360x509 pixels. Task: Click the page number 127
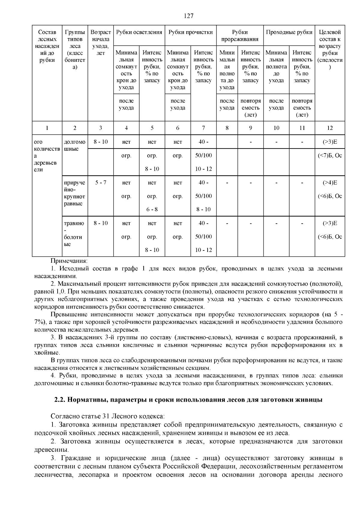coord(188,16)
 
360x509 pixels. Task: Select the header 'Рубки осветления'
coord(139,32)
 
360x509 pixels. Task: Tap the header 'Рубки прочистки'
coord(190,32)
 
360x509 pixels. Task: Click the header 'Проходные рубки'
coord(289,32)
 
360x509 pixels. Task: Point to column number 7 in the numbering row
coord(203,128)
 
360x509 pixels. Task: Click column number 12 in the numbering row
coord(330,128)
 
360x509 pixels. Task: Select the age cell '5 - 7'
coord(100,183)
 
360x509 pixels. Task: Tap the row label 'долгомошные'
coord(74,145)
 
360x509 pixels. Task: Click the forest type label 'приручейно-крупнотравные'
coord(74,193)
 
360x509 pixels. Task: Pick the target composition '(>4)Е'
coord(330,183)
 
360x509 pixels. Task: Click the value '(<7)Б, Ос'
coord(330,156)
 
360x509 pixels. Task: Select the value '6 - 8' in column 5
coord(152,209)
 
